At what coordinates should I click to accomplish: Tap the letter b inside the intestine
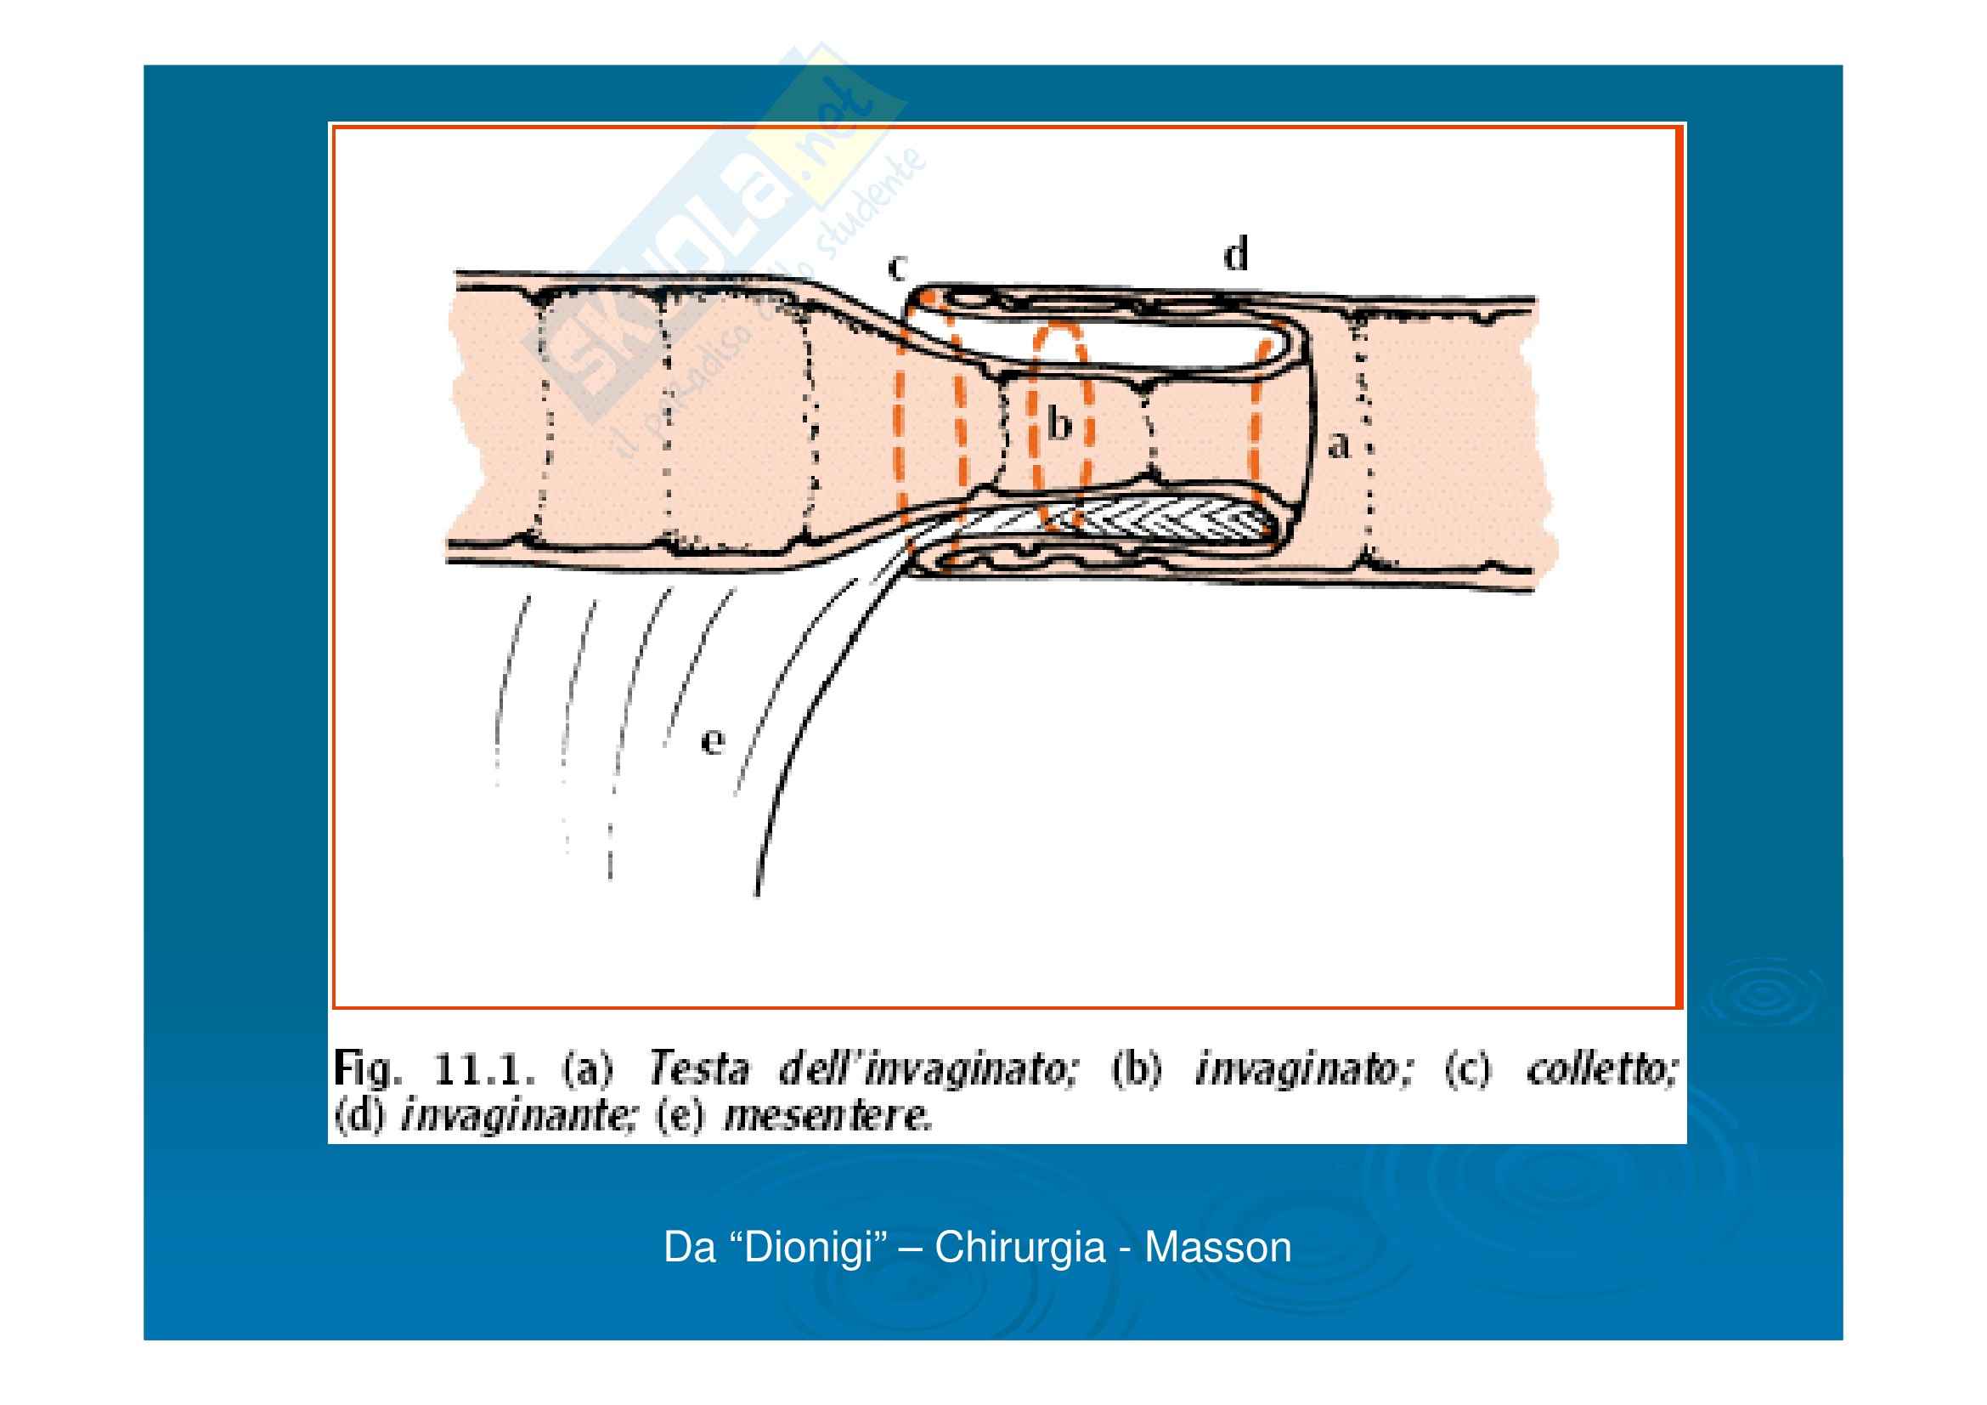point(1059,425)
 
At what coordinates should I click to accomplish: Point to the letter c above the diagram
point(897,269)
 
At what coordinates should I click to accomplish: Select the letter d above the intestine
point(1236,254)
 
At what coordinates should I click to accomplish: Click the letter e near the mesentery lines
point(711,741)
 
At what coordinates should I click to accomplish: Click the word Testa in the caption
point(697,1070)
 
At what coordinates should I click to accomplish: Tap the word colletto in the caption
point(1601,1070)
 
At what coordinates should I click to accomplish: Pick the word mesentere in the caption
point(828,1117)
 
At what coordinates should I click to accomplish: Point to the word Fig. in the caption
point(368,1071)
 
